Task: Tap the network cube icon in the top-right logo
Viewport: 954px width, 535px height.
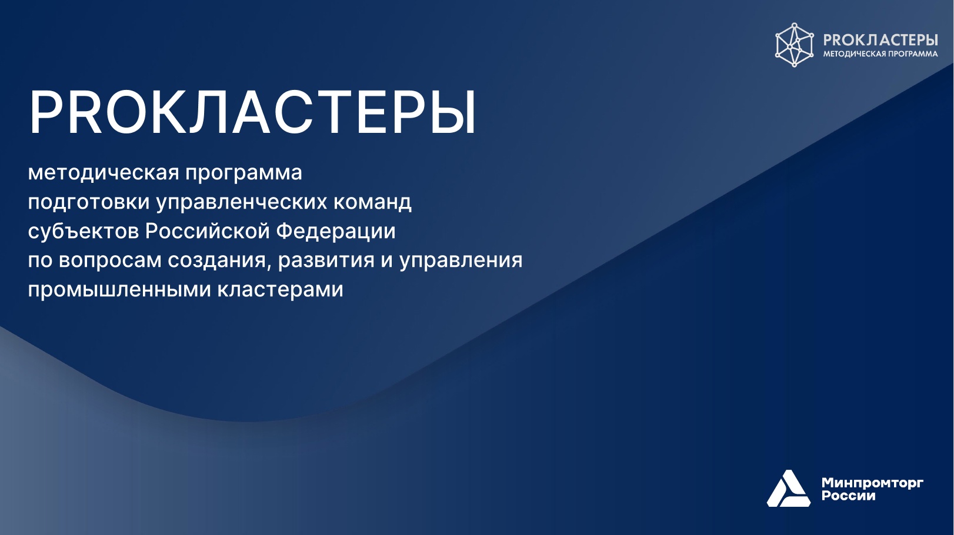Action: [x=794, y=45]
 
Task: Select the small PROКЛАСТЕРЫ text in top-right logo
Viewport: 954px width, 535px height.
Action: [x=880, y=39]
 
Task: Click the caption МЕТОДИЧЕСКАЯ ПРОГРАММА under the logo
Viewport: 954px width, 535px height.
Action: [x=880, y=54]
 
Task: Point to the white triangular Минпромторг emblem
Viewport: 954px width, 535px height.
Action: [x=788, y=489]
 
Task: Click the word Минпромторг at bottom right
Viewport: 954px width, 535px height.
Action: [x=872, y=483]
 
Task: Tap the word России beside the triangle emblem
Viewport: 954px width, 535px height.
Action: [x=848, y=496]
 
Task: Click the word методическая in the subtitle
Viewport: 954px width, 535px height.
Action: [x=104, y=173]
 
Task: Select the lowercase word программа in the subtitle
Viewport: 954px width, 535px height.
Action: [x=243, y=173]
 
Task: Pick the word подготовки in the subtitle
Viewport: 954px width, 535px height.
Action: [x=89, y=202]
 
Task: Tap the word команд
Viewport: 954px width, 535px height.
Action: [x=372, y=202]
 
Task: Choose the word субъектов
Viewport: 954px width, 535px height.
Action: [x=83, y=231]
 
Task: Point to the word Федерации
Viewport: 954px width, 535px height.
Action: [x=335, y=231]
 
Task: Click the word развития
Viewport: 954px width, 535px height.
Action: [x=326, y=260]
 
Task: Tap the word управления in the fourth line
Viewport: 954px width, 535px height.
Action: [x=461, y=260]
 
